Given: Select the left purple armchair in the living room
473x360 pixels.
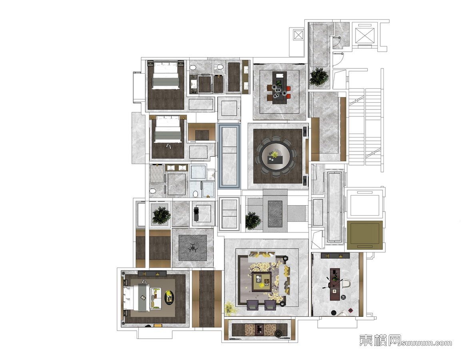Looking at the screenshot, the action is tap(252, 305).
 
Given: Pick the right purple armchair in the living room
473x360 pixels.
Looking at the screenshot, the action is tap(270, 305).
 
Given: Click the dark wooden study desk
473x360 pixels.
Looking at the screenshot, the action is tap(334, 281).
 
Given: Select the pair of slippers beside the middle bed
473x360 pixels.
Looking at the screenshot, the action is tap(168, 146).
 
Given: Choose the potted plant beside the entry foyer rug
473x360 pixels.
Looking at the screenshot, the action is tap(253, 220).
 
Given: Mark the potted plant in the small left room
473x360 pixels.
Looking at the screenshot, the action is tap(161, 215).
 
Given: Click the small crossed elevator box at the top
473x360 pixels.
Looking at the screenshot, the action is tap(298, 35).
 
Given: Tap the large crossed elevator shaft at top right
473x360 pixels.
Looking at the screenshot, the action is tap(365, 36).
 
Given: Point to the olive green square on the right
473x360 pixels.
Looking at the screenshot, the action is tap(365, 235).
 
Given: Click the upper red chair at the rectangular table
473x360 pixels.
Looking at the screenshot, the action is tap(288, 89).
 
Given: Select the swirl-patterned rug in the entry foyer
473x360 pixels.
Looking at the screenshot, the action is tap(275, 214).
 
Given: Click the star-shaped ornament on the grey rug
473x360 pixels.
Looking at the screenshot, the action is tap(192, 248).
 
